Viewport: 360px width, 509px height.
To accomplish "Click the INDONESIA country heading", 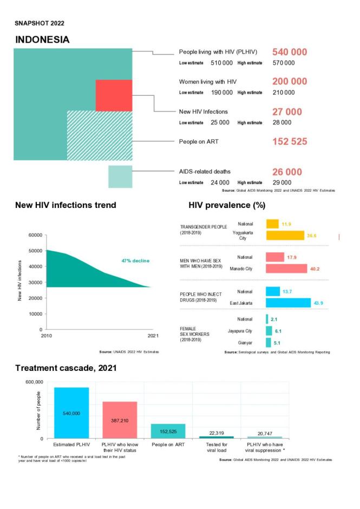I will pos(42,40).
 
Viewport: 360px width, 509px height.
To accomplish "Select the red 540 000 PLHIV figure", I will pos(289,52).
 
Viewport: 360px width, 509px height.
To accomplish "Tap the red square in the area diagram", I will pos(114,95).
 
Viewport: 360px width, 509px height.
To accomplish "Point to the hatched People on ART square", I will pos(99,135).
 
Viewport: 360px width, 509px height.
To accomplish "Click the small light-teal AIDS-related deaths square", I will pos(120,177).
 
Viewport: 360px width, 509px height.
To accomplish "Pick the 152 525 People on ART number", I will pos(289,142).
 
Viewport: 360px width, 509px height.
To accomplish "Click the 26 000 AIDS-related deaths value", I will pos(287,172).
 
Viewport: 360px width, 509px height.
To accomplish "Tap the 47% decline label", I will pos(135,261).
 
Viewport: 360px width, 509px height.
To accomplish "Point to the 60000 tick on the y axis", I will pos(35,235).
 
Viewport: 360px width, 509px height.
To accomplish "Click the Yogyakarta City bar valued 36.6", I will pos(285,236).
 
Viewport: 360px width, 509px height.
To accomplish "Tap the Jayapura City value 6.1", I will pos(278,331).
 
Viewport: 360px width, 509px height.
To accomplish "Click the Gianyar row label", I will pos(245,343).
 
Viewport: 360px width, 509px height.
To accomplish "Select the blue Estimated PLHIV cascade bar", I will pos(71,413).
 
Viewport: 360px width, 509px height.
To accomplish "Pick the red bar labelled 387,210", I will pos(120,420).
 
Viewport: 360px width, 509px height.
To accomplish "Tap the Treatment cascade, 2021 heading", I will pos(66,368).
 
